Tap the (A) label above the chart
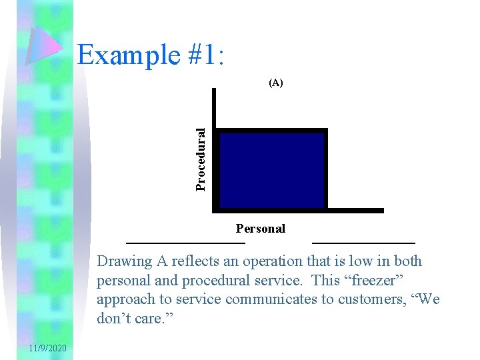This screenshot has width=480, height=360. (x=275, y=83)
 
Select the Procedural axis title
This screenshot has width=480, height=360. (x=201, y=159)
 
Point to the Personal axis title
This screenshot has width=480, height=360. (x=260, y=229)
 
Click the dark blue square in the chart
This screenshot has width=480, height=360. (x=272, y=170)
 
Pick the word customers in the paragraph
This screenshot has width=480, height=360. (x=357, y=299)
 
